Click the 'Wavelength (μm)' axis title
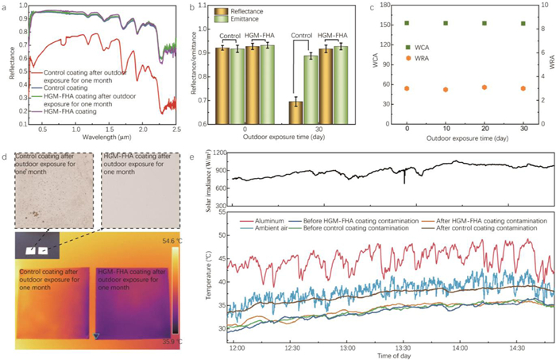(102, 138)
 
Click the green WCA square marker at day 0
(407, 23)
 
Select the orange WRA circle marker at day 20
(485, 87)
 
